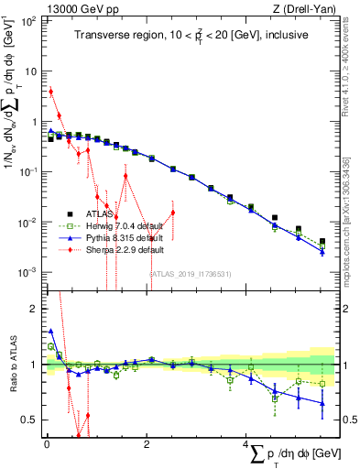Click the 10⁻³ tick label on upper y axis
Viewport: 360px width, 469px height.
coord(27,273)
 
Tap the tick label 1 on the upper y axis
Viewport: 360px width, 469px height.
coord(33,122)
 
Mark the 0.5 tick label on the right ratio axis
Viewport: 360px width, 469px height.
coord(348,420)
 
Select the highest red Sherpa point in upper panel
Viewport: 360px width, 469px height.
coord(51,92)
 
